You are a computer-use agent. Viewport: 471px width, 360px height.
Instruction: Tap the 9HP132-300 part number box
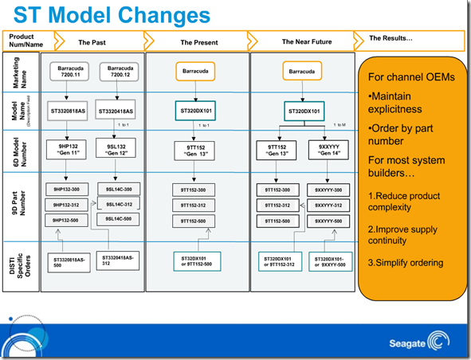(69, 190)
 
